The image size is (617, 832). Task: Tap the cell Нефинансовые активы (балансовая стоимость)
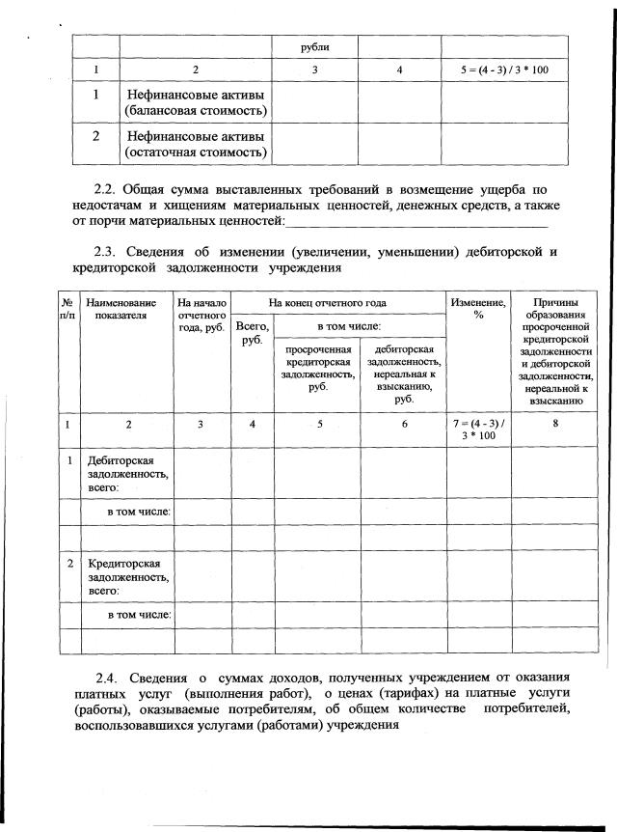196,103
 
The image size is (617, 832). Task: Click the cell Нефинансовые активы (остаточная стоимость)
196,144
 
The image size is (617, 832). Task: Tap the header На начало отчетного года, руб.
201,316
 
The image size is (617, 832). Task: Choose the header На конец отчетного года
336,302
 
